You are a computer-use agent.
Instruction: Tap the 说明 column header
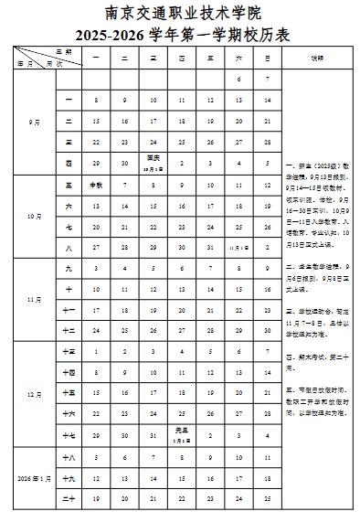(317, 58)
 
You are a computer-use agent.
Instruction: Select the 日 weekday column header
(268, 58)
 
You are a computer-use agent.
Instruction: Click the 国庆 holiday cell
(154, 164)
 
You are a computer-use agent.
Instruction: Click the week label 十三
(69, 352)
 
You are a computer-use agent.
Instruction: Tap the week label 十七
(69, 435)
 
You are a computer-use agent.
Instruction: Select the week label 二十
(69, 498)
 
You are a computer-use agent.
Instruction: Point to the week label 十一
(69, 310)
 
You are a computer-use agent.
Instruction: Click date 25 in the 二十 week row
(268, 498)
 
